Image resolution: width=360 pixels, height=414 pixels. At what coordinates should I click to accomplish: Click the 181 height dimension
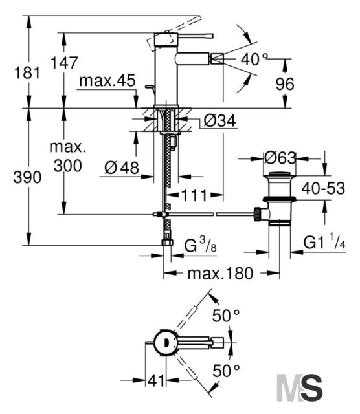tap(27, 73)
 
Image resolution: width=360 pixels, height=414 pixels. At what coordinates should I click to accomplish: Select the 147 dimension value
tap(64, 63)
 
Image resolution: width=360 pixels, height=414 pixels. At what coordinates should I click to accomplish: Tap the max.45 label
tap(107, 80)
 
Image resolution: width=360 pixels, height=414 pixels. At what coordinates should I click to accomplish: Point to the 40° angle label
tap(254, 59)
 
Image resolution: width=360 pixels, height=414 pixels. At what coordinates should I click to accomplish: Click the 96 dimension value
tap(285, 84)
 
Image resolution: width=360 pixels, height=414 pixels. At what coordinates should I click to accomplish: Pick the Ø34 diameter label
tap(220, 121)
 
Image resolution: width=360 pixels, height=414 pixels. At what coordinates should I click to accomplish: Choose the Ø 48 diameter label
tap(122, 168)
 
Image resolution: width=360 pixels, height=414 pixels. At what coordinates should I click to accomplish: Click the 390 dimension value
tap(27, 177)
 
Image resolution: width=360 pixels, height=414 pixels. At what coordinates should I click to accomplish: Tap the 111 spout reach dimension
tap(194, 195)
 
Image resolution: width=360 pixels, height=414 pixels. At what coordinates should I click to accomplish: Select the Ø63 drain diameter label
tap(280, 158)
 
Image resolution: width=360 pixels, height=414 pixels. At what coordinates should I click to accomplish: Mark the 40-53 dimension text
tap(323, 188)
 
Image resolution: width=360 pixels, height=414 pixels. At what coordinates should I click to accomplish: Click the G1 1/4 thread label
tap(324, 241)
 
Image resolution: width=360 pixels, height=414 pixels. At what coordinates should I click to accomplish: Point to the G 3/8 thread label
tap(200, 245)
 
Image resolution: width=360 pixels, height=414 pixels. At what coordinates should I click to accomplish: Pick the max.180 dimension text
tap(220, 273)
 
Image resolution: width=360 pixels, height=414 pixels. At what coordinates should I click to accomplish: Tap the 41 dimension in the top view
tap(156, 380)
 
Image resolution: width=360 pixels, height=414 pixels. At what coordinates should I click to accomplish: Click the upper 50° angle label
tap(226, 316)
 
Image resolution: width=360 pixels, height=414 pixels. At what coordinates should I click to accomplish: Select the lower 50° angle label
tap(226, 371)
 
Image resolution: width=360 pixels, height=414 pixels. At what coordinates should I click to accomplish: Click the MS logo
tap(300, 387)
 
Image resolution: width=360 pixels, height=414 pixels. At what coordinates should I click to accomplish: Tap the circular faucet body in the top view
tap(166, 343)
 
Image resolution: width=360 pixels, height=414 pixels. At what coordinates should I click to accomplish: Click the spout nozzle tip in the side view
tap(217, 58)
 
